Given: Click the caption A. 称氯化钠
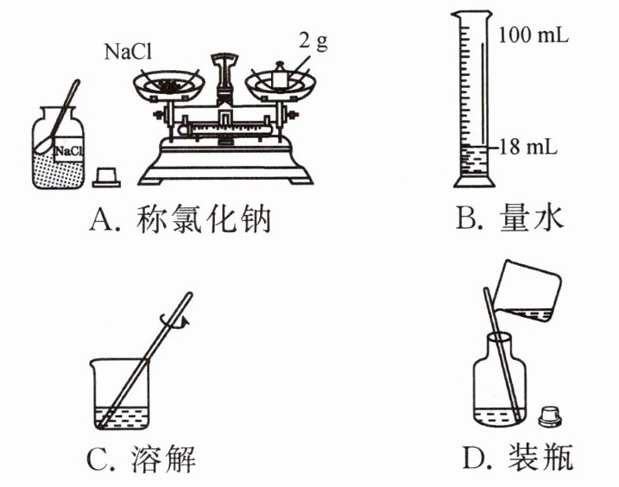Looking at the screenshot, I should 180,221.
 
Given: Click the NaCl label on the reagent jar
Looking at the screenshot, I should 68,152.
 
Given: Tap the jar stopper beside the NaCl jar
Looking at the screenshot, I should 106,177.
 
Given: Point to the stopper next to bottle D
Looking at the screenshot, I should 549,415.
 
